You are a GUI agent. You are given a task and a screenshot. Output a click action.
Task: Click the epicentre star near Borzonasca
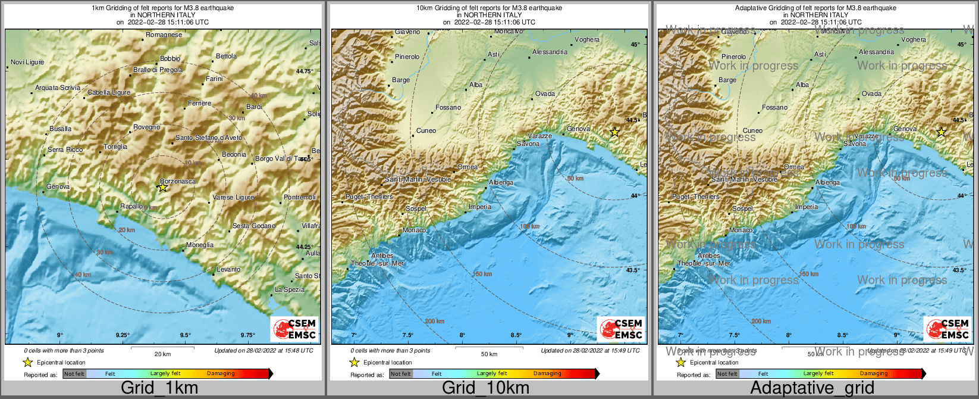163,187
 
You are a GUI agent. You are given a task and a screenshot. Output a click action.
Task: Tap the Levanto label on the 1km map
228,269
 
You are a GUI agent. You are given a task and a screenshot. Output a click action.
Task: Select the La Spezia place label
290,289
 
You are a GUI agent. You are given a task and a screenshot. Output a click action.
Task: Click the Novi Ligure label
27,62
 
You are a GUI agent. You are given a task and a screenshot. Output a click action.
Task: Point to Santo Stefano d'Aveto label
209,138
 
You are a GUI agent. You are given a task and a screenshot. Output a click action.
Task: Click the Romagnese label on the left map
164,35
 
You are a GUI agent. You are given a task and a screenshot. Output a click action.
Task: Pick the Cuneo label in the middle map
426,130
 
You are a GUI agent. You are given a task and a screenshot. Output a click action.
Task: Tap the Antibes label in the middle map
382,255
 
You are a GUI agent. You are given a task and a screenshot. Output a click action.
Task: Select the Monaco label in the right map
740,230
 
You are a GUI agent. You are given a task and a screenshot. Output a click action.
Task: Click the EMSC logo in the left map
294,329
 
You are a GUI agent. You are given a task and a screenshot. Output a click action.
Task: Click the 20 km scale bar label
162,354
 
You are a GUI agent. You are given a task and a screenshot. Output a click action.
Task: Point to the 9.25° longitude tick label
123,335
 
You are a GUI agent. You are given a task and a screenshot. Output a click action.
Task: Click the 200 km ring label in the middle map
434,321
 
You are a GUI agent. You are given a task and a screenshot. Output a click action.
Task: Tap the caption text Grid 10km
485,388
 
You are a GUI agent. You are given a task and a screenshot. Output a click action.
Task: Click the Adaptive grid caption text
812,388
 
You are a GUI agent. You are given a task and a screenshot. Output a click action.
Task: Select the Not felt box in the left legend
74,374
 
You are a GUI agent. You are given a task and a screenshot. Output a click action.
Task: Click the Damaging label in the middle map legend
547,373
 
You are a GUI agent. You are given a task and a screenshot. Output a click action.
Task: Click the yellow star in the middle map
614,132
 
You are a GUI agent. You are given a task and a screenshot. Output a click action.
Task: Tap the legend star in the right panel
680,362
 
